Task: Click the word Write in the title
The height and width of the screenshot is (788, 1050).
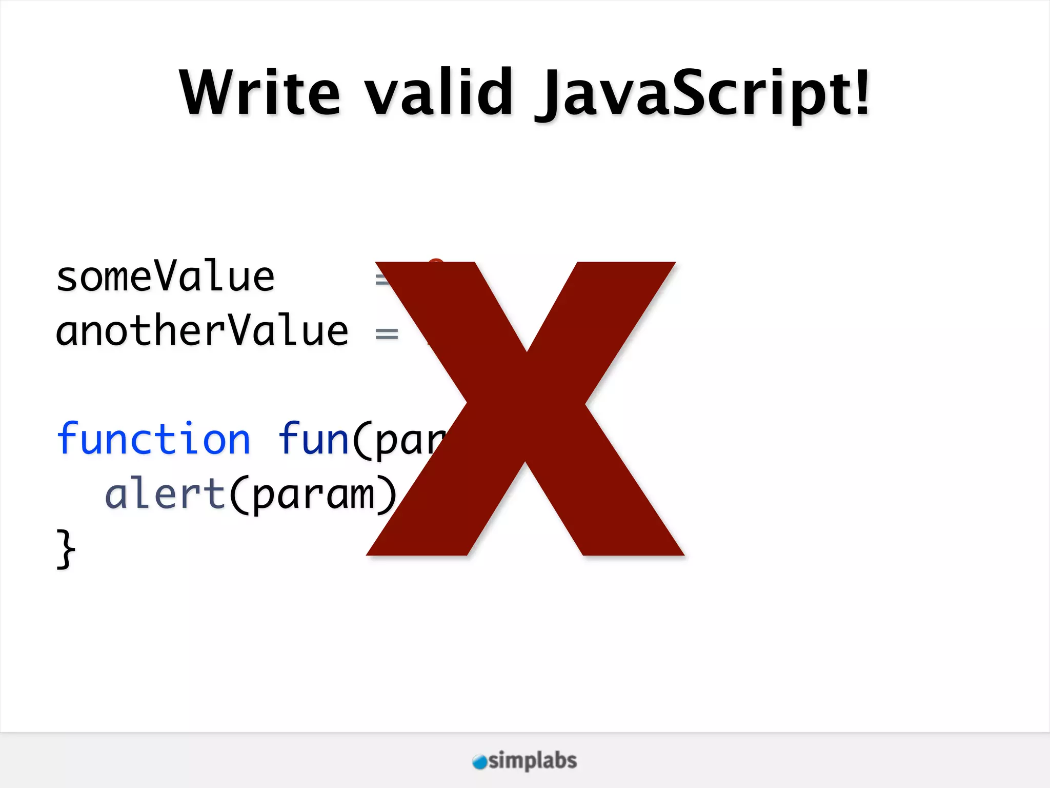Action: pos(259,92)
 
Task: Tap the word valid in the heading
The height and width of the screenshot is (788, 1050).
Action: pos(439,92)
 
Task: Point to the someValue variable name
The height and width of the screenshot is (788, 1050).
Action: pos(165,277)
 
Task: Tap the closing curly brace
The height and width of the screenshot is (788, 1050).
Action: pos(66,549)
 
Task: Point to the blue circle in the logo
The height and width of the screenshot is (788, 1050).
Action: pos(479,762)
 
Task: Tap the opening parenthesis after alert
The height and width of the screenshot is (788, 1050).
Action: pos(239,495)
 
